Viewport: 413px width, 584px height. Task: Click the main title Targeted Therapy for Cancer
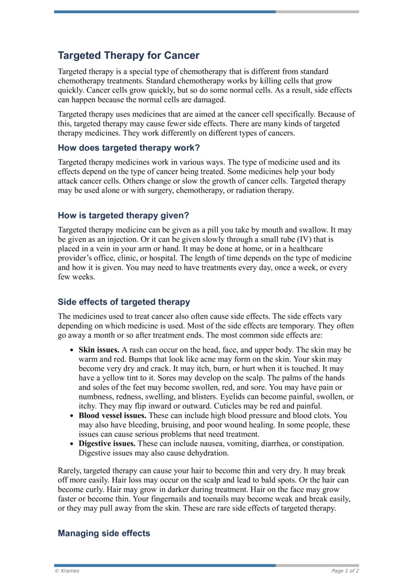(128, 55)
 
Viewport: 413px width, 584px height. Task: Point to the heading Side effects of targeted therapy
(124, 302)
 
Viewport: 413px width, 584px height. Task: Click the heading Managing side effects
(104, 533)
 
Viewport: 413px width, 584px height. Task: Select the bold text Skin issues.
(99, 350)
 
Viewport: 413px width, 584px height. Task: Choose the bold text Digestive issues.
(105, 444)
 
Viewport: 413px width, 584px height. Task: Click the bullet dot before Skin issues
(71, 350)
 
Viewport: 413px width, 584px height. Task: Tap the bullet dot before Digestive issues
(71, 444)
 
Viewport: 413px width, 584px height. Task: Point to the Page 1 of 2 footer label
(345, 571)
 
